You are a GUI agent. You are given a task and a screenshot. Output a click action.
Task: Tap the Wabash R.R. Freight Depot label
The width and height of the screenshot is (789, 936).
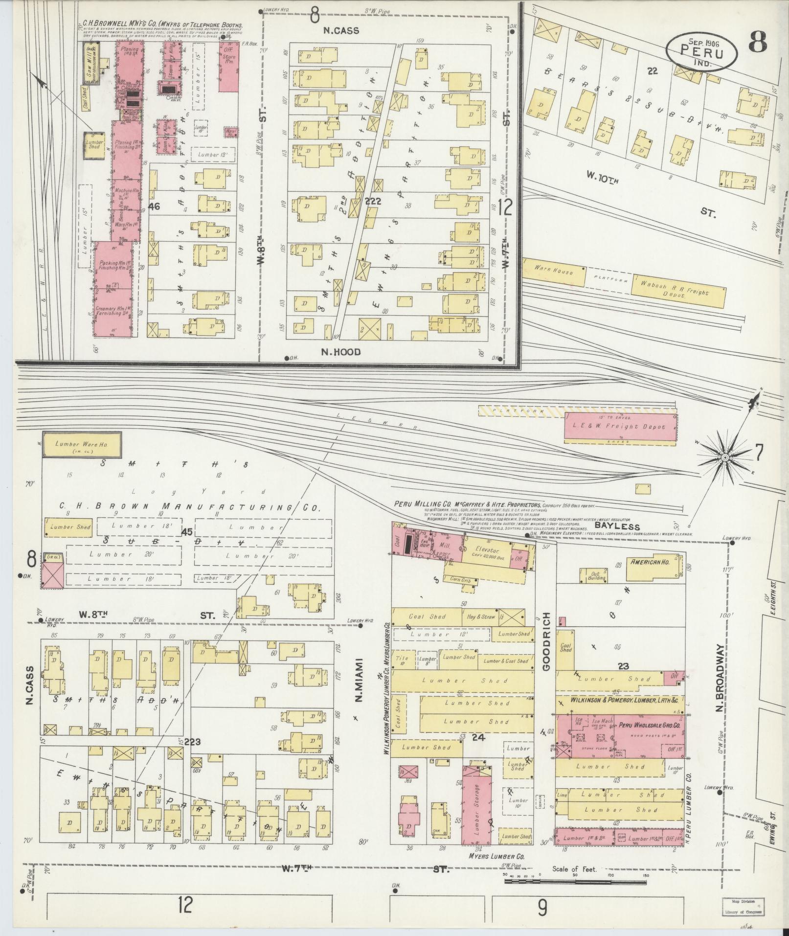(679, 293)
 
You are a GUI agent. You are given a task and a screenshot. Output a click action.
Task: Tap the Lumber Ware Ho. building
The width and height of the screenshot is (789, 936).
(81, 445)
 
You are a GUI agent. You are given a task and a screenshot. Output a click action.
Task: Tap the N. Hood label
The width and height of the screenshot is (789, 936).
(340, 352)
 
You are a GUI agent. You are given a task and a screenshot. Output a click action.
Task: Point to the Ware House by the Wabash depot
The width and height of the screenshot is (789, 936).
(553, 273)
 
